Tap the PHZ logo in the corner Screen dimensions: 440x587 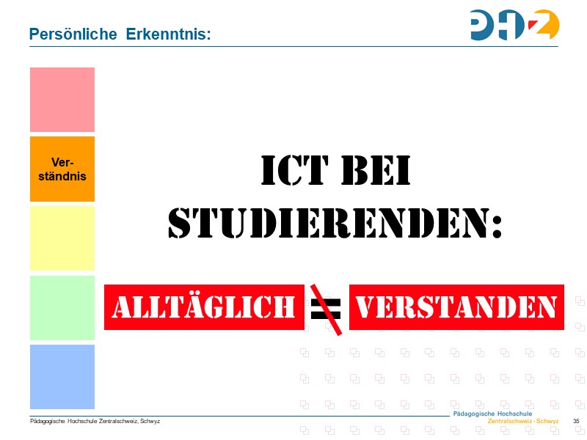(x=514, y=25)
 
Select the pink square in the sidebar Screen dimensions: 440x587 (x=62, y=100)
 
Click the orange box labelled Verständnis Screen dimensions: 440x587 (x=62, y=169)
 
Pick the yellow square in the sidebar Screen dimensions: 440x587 (x=62, y=238)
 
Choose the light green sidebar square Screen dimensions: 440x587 (x=62, y=308)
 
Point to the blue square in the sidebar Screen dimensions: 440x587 (x=62, y=377)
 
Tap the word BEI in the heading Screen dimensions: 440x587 (x=375, y=171)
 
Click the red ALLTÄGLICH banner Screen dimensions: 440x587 (x=203, y=307)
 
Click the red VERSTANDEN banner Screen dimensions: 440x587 (x=456, y=307)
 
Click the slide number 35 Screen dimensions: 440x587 (x=575, y=421)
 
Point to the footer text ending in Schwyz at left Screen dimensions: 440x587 (x=95, y=421)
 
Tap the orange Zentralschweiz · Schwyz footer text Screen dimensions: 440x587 (x=522, y=422)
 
